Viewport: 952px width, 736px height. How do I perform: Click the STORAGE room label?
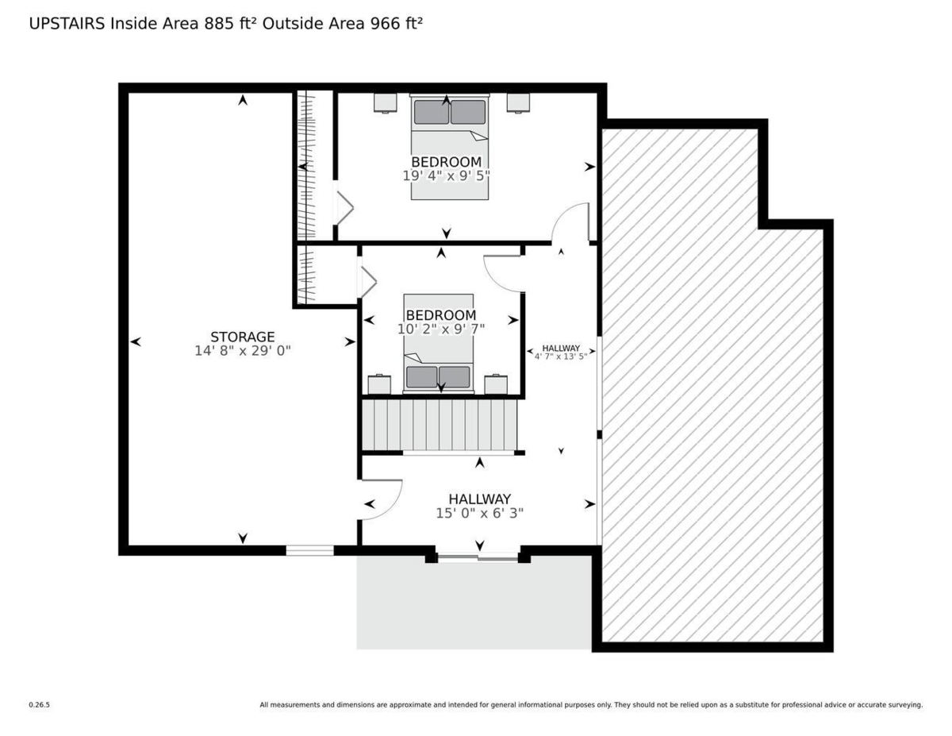(242, 337)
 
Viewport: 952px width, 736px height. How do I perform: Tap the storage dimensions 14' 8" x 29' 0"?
(242, 351)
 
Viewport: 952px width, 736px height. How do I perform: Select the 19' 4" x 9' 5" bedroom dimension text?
(446, 175)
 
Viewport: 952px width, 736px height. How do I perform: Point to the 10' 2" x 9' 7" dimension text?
(441, 329)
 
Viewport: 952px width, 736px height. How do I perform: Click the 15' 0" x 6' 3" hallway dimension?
(480, 513)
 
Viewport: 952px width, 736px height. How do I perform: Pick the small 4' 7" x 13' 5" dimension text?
(561, 356)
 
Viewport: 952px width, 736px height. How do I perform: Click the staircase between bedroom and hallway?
(439, 425)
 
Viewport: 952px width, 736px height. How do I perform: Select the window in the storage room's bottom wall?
(309, 550)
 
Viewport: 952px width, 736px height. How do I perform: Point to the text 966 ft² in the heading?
(397, 23)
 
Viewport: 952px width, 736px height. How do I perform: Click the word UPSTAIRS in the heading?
(67, 24)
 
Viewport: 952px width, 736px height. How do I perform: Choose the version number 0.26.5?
(40, 705)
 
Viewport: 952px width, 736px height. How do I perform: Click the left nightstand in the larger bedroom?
(385, 102)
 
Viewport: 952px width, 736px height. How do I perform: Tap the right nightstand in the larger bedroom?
(518, 102)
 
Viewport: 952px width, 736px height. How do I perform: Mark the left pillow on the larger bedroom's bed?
(432, 112)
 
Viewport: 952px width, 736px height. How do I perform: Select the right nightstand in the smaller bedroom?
(496, 384)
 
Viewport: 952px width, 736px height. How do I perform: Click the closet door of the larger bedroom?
(344, 209)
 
